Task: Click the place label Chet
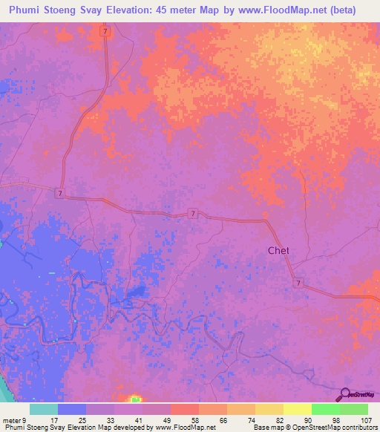pos(278,250)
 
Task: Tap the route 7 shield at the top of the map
pos(106,32)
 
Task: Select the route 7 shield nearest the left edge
pos(58,193)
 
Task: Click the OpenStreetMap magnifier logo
pos(347,395)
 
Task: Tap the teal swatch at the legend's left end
pos(44,409)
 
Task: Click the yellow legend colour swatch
pos(297,409)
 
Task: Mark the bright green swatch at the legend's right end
pos(353,409)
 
